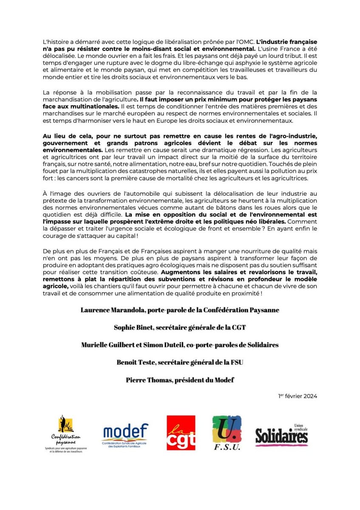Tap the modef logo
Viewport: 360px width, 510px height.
pyautogui.click(x=125, y=432)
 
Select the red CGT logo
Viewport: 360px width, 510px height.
pyautogui.click(x=181, y=433)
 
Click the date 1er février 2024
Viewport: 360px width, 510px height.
pyautogui.click(x=298, y=396)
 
